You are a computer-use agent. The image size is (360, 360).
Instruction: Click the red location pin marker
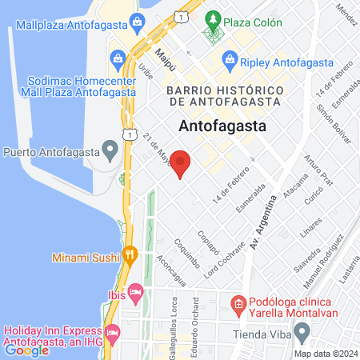[x=181, y=162]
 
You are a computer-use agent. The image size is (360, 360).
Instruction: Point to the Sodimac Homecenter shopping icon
[x=118, y=58]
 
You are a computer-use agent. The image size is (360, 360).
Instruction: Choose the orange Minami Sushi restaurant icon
[x=130, y=256]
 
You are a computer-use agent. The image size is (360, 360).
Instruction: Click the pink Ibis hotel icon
[x=135, y=294]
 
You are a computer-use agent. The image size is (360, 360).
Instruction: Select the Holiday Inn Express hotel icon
[x=111, y=330]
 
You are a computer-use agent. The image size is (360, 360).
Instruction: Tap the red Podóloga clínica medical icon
[x=237, y=305]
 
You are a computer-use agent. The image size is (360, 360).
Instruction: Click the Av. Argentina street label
[x=265, y=222]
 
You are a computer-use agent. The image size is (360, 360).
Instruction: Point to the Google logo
[x=27, y=350]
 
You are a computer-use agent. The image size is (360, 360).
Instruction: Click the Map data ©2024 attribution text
[x=325, y=353]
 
